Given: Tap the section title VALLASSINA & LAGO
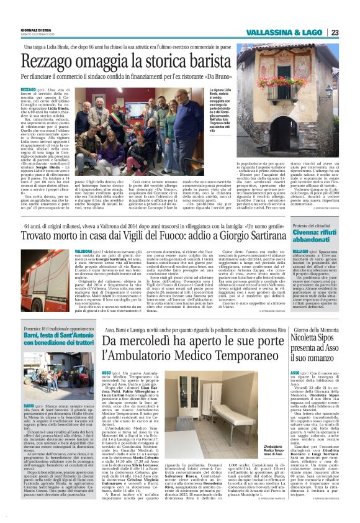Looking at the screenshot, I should (x=284, y=32).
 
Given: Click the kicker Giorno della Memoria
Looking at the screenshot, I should (x=317, y=328).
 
